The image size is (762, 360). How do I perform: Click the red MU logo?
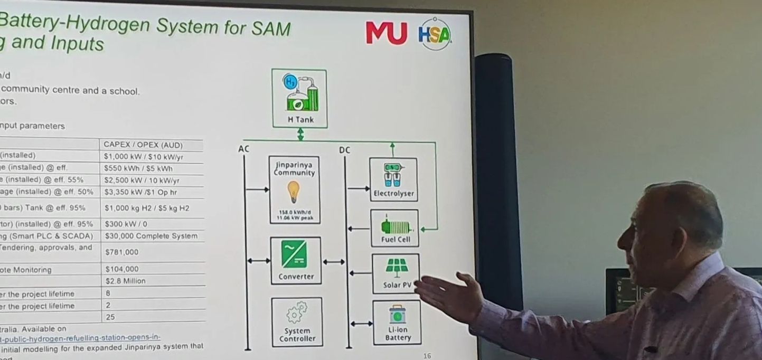[x=387, y=33]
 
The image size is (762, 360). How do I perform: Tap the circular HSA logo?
[x=435, y=34]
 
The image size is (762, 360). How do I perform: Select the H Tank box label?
[x=300, y=120]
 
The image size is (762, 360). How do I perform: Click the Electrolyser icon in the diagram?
[x=393, y=175]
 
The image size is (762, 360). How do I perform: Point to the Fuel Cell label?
[x=396, y=240]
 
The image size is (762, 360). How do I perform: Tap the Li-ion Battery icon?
[x=397, y=315]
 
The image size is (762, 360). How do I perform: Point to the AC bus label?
[x=243, y=149]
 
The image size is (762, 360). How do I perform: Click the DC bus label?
[x=344, y=150]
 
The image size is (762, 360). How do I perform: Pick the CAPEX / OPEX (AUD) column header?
[x=150, y=145]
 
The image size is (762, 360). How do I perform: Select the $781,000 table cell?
[x=122, y=252]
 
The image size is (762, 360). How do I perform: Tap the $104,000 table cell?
[x=122, y=269]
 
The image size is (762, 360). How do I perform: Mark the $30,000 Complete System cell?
[x=151, y=236]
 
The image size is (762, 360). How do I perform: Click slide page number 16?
[x=427, y=356]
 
